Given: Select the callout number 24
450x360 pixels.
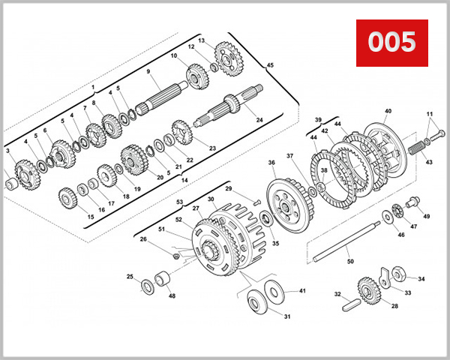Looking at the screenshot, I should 259,119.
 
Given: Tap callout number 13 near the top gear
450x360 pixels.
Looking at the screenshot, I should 201,39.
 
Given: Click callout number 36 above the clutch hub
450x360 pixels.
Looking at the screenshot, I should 271,163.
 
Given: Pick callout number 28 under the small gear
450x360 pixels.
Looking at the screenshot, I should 373,305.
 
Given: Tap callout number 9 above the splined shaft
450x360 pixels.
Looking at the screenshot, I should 149,71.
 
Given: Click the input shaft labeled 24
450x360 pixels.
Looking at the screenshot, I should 225,112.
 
